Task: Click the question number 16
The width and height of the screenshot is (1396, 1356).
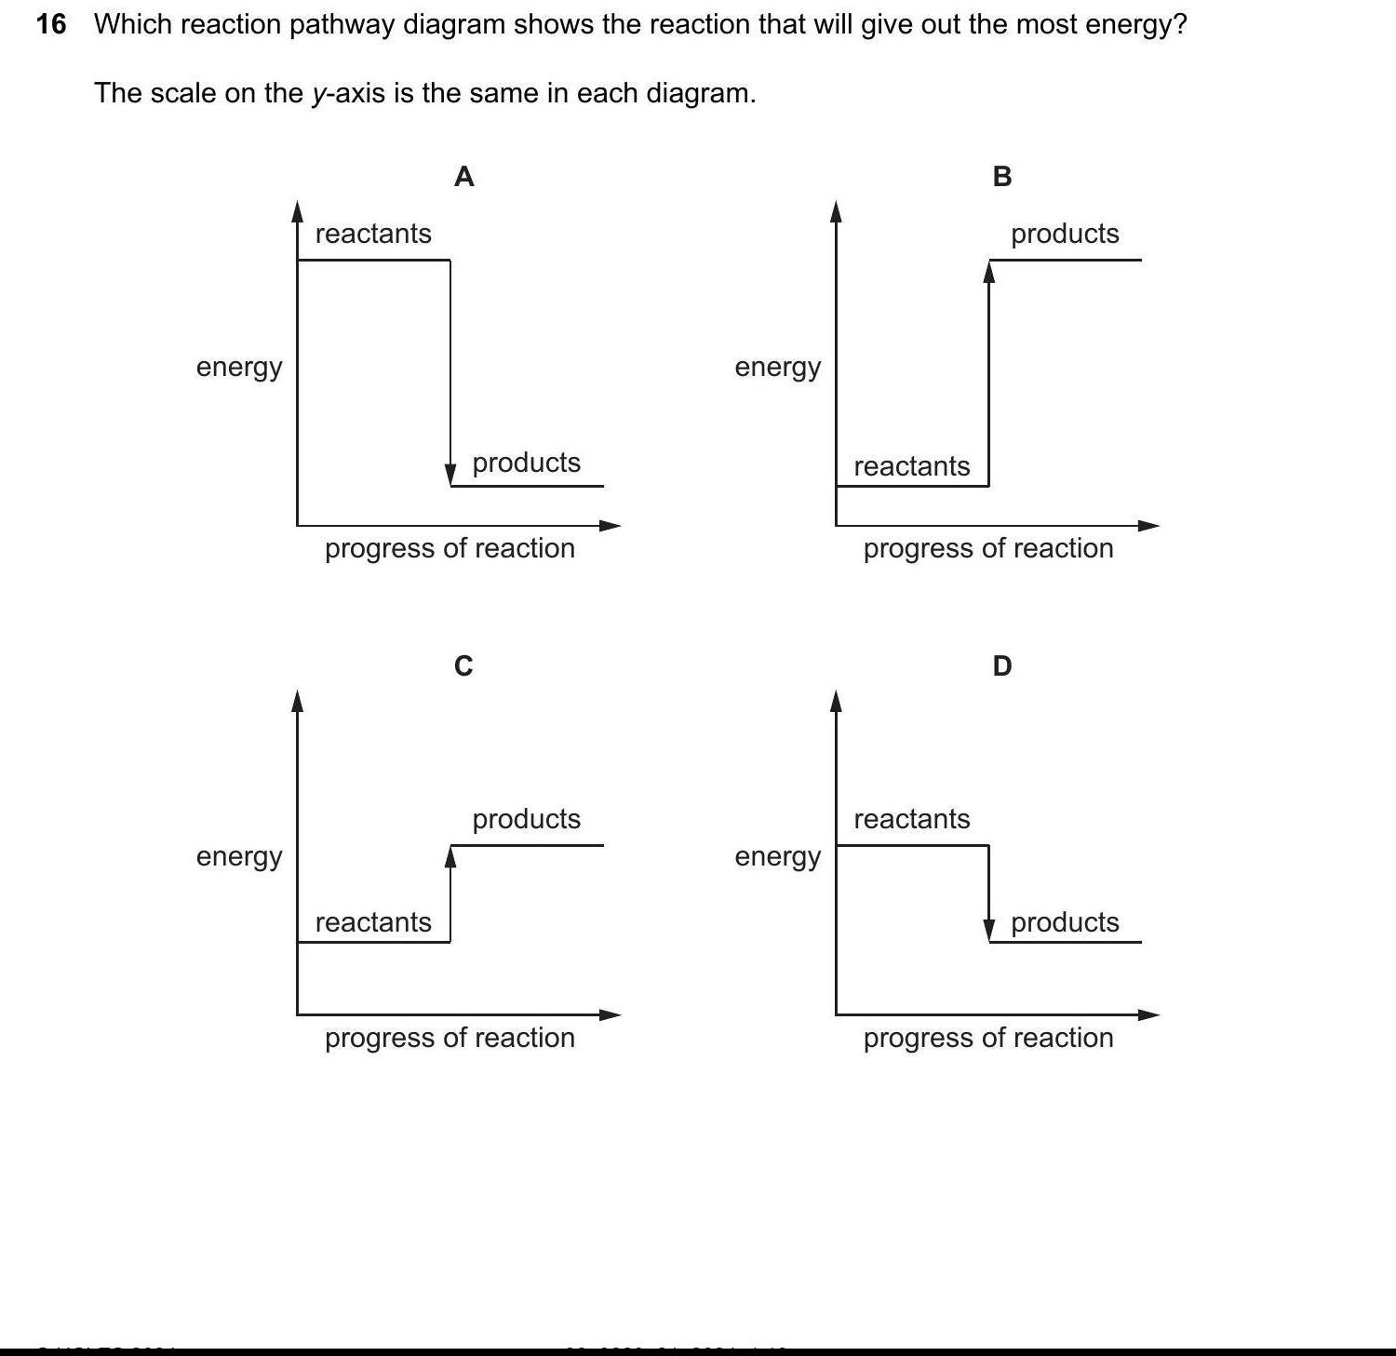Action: click(51, 24)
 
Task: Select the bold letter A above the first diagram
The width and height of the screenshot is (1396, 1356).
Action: click(463, 176)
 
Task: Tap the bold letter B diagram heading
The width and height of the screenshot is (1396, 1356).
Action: click(1002, 176)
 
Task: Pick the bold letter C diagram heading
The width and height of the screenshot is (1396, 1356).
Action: click(463, 665)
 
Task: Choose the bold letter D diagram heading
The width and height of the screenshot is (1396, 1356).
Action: click(1002, 665)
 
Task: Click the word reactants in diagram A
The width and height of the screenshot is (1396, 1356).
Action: click(373, 234)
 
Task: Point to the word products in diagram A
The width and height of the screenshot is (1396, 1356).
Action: click(526, 463)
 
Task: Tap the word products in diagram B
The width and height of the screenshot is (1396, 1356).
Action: click(1065, 234)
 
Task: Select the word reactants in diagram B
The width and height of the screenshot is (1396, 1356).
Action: click(911, 466)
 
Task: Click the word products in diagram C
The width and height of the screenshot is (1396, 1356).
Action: click(526, 819)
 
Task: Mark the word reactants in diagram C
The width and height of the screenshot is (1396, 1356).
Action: click(373, 922)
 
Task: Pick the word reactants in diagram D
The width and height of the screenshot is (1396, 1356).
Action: click(911, 819)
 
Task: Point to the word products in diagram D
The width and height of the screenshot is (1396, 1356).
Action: click(1065, 922)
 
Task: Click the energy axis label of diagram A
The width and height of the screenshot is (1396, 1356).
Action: click(239, 368)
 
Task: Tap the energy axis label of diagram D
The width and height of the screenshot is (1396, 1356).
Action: click(777, 857)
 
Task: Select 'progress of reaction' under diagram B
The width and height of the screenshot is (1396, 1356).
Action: click(988, 548)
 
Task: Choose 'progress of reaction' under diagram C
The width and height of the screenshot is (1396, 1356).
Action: click(450, 1038)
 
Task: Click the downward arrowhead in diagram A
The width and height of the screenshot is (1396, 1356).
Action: click(450, 474)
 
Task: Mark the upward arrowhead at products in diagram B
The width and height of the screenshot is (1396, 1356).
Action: click(989, 272)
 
